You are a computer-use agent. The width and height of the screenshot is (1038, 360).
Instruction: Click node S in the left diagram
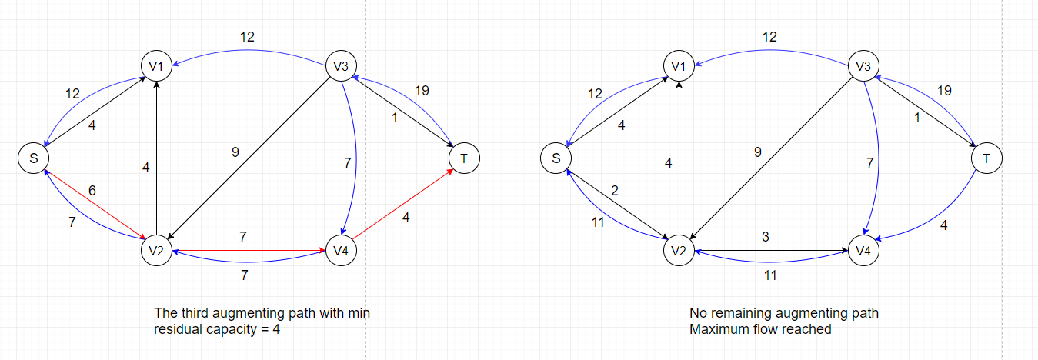point(33,158)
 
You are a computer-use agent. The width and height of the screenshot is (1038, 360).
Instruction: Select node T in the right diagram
point(986,158)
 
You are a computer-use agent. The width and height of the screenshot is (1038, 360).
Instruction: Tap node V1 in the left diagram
point(156,67)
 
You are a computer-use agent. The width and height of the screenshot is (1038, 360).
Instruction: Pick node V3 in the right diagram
point(863,67)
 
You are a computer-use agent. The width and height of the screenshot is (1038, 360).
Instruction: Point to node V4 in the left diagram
point(341,250)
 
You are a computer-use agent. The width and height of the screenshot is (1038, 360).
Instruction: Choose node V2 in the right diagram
point(679,250)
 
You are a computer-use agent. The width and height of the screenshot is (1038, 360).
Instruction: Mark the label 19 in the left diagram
point(422,91)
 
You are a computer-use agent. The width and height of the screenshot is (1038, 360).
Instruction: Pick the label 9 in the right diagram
point(758,152)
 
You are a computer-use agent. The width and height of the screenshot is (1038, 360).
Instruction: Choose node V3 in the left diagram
point(341,67)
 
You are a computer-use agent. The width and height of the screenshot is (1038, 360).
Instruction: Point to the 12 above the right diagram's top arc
point(769,37)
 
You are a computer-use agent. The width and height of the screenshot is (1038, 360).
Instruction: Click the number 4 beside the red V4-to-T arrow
point(406,218)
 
